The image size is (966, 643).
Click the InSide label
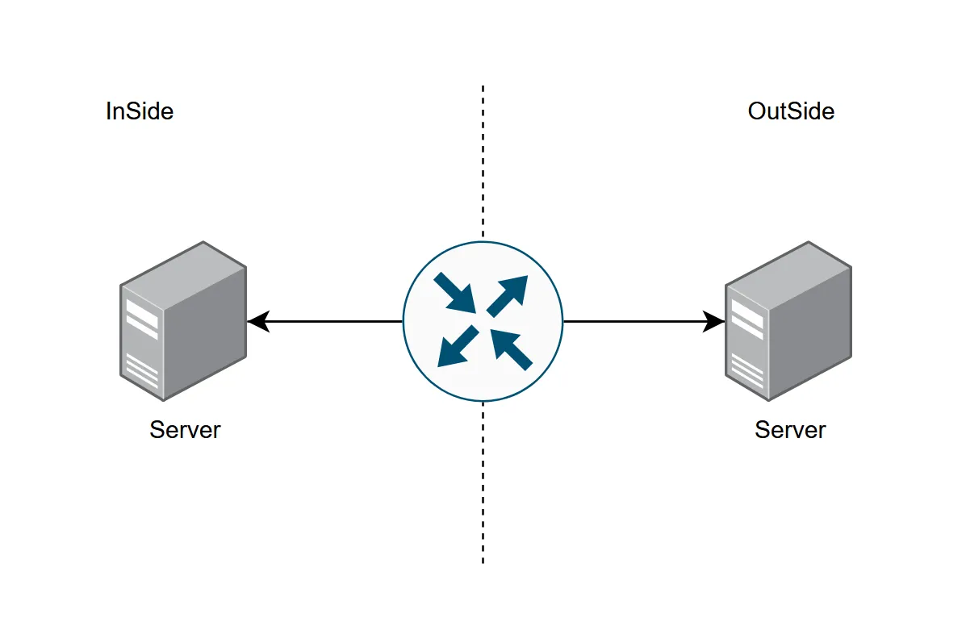pos(140,111)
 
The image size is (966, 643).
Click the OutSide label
pos(791,111)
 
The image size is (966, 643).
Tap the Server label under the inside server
pos(185,430)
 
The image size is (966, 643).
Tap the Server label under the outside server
pos(790,430)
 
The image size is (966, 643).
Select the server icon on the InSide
pos(183,321)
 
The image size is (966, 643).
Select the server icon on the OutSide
pos(788,321)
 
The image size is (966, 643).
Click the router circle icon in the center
pos(483,321)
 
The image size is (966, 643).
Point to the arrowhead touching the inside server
pos(258,321)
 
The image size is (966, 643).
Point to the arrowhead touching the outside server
pos(713,321)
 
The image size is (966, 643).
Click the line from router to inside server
pos(324,321)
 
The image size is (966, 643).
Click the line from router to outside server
pos(644,321)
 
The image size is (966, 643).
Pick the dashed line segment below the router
pos(483,483)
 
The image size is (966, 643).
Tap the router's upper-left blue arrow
pos(455,293)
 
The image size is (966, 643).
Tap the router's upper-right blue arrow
pos(508,296)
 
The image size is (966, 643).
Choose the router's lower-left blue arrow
pos(458,346)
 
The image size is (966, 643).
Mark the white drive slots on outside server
pos(747,319)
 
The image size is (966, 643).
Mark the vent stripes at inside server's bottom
pos(142,371)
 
